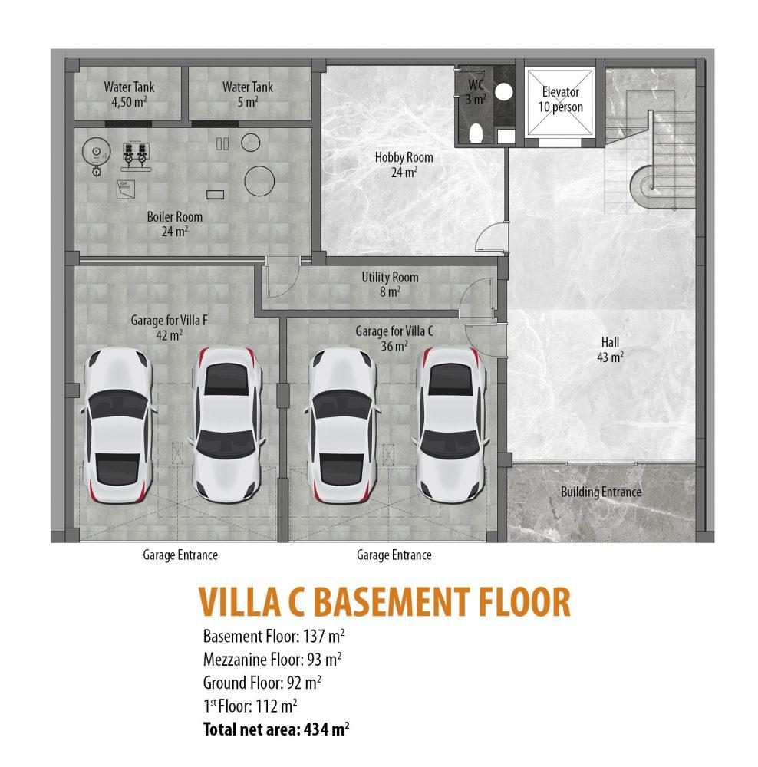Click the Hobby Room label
404,164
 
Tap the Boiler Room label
175,223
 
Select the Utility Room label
390,285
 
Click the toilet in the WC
475,133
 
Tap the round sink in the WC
503,91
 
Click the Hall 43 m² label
610,349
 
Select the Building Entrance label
601,492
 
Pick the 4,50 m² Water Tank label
129,94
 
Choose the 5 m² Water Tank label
248,94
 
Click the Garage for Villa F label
169,328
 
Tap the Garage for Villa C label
394,338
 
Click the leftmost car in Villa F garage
117,426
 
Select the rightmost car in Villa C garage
450,425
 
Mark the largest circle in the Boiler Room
259,181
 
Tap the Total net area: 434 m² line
276,729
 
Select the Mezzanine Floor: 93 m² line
272,660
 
